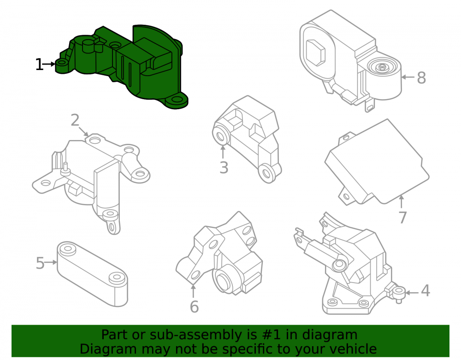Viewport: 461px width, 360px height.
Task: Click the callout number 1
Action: tap(39, 65)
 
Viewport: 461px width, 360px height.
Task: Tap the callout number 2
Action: tap(75, 120)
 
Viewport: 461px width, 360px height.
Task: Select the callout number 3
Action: tap(224, 168)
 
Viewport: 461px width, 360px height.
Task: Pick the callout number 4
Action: tap(426, 290)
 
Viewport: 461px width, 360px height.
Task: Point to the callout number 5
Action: tap(40, 263)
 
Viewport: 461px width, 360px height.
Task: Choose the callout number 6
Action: tap(195, 307)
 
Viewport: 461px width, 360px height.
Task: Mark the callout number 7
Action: tap(403, 218)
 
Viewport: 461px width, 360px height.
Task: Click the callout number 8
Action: tap(421, 78)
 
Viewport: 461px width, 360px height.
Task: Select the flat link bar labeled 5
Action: tap(92, 274)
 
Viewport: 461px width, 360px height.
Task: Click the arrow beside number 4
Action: tap(413, 293)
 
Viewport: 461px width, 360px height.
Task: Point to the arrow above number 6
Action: tap(193, 290)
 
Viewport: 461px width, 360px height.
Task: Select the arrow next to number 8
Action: tap(408, 77)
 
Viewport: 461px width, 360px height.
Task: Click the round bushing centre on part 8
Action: tap(382, 67)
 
